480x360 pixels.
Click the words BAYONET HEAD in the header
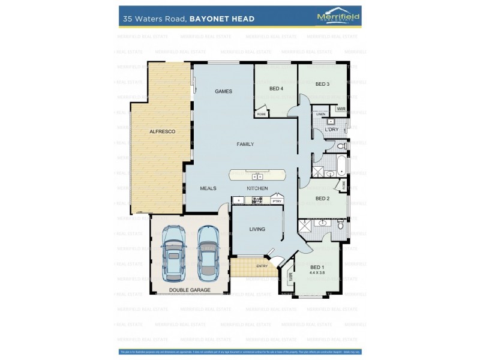[x=222, y=19]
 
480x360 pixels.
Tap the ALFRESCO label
[x=162, y=131]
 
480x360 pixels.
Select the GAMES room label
[x=223, y=91]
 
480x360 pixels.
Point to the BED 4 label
[x=276, y=89]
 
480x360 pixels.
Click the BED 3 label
[x=322, y=84]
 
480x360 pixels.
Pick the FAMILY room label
[x=245, y=144]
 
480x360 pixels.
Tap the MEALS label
[x=208, y=188]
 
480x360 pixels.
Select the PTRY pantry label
[x=277, y=202]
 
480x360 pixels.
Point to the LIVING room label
[x=257, y=229]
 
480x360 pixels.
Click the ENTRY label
[x=262, y=266]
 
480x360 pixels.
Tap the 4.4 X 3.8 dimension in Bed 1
[x=317, y=273]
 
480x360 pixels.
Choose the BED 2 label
[x=322, y=199]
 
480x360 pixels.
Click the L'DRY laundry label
[x=331, y=130]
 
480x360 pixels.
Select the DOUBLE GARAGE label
[x=190, y=290]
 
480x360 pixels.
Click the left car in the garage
[x=173, y=253]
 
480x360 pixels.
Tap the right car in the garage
[x=208, y=253]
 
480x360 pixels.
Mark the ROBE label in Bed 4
[x=261, y=113]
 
